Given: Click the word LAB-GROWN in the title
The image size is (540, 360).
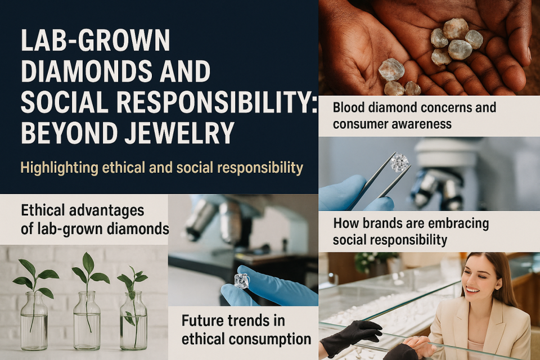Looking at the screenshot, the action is [96, 40].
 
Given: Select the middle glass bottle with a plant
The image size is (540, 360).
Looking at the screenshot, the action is [87, 321].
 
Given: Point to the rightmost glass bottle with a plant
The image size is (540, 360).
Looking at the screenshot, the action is [133, 321].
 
